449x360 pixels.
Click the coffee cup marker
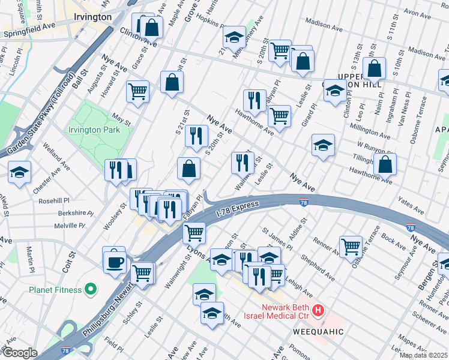click(114, 261)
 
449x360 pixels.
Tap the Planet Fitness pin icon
click(91, 290)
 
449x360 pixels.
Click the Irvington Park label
click(94, 130)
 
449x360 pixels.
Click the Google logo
click(19, 353)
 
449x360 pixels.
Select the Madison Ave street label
click(324, 23)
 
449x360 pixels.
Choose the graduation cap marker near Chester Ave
click(19, 173)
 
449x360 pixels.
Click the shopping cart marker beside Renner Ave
click(351, 245)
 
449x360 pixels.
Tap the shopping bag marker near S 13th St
click(374, 69)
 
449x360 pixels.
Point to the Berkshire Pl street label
click(73, 214)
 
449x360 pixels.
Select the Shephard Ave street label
click(315, 267)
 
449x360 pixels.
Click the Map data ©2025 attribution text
click(423, 355)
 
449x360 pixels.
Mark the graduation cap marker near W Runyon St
click(323, 146)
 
